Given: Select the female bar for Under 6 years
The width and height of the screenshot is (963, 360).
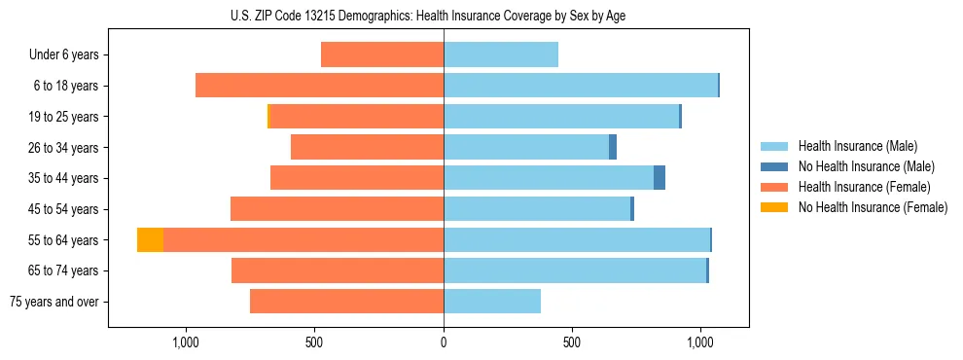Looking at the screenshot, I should pyautogui.click(x=382, y=54).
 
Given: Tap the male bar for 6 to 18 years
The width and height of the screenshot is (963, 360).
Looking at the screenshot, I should pyautogui.click(x=580, y=86).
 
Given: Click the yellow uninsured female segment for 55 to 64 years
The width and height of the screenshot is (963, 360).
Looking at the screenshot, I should pyautogui.click(x=150, y=239).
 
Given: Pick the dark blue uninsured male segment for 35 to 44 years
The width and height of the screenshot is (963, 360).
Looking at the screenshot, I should pyautogui.click(x=660, y=178).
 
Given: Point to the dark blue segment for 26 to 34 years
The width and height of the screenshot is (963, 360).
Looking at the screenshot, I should pyautogui.click(x=613, y=147).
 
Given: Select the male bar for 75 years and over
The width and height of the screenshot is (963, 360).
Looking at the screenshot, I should pyautogui.click(x=492, y=302).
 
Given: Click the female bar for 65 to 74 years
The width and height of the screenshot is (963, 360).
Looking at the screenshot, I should pyautogui.click(x=338, y=270).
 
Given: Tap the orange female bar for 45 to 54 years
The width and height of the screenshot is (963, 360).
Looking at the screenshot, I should pyautogui.click(x=337, y=209).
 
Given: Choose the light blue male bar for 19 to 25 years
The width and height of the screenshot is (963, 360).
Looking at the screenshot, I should pyautogui.click(x=561, y=117).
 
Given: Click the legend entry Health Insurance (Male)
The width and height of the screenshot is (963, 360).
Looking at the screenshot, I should pyautogui.click(x=857, y=146).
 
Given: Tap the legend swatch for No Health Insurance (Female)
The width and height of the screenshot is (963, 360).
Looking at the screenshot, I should pyautogui.click(x=774, y=207).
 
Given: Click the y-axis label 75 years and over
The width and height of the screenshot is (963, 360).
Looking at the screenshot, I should pyautogui.click(x=53, y=302).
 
